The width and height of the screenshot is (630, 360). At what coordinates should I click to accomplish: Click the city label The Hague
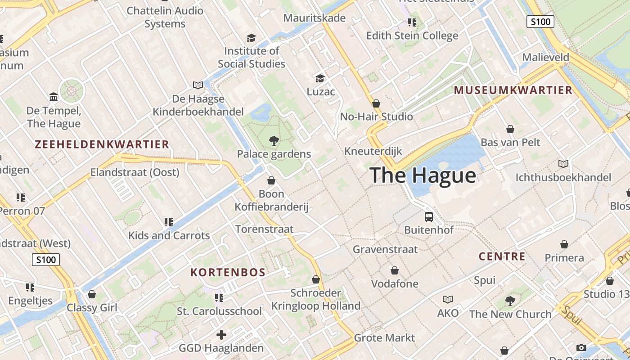[x=423, y=175]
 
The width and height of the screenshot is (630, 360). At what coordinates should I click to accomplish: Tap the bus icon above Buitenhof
[x=429, y=216]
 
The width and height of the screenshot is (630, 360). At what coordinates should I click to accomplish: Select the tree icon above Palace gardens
[x=274, y=141]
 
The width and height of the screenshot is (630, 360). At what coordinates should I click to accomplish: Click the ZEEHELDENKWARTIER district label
[x=102, y=144]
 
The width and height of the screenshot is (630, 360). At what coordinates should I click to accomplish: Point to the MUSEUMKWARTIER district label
[x=513, y=90]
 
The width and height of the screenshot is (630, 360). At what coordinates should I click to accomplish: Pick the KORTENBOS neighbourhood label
[x=228, y=272]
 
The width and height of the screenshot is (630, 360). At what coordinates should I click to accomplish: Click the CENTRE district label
[x=502, y=256]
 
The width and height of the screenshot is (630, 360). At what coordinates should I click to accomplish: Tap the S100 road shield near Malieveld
[x=540, y=22]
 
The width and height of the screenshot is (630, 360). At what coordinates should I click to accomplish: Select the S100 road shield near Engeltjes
[x=46, y=260]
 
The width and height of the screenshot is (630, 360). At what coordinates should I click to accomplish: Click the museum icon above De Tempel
[x=54, y=97]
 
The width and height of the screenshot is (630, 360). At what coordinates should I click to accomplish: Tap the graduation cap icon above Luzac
[x=320, y=78]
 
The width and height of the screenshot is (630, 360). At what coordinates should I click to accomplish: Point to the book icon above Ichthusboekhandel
[x=563, y=164]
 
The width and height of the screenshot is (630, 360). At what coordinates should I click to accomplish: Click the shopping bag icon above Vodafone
[x=395, y=270]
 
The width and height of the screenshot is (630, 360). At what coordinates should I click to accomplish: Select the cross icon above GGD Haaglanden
[x=221, y=335]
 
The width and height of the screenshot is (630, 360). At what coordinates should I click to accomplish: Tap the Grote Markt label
[x=384, y=337]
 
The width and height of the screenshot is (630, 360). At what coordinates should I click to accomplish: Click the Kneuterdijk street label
[x=373, y=151]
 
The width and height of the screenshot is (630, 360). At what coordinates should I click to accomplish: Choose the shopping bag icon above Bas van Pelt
[x=510, y=129]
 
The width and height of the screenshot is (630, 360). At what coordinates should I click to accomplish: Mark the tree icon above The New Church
[x=510, y=301]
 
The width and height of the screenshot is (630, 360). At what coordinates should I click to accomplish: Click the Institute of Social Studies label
[x=252, y=57]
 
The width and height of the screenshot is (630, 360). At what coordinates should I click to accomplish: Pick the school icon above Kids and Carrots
[x=169, y=222]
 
